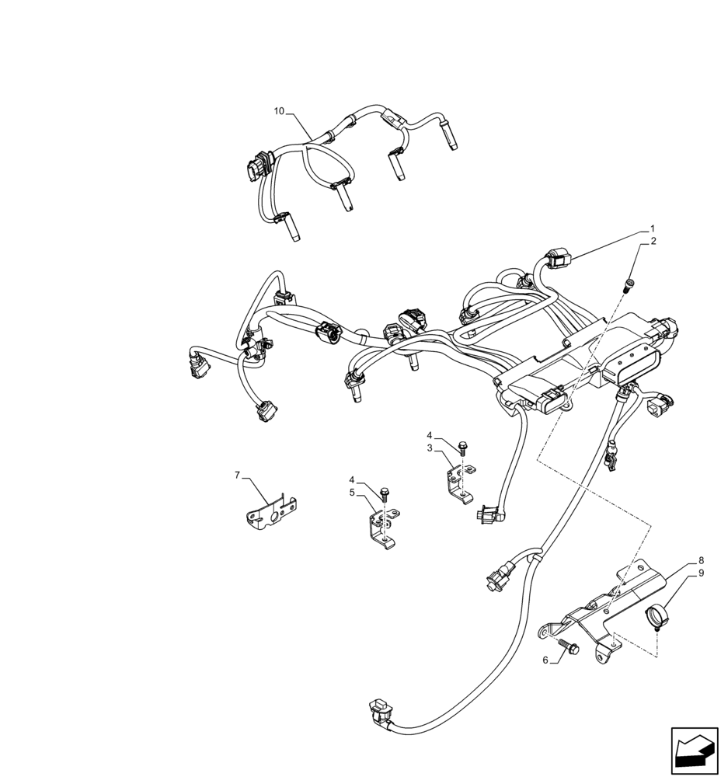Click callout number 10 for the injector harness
click(x=279, y=111)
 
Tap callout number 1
click(x=653, y=229)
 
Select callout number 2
click(x=653, y=241)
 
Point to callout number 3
click(x=430, y=448)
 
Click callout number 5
click(x=352, y=492)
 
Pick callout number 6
click(x=545, y=660)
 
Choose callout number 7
click(x=238, y=474)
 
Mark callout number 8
click(x=701, y=560)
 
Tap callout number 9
click(x=701, y=573)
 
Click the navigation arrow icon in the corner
click(x=693, y=750)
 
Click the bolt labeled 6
click(x=566, y=645)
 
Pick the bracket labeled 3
click(x=460, y=482)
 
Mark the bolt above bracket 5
click(x=385, y=491)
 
